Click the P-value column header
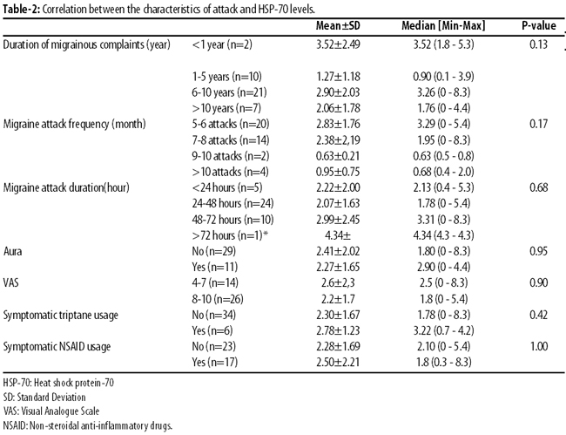click(538, 25)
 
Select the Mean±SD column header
click(338, 25)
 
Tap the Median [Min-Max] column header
click(443, 25)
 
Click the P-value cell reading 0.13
click(538, 44)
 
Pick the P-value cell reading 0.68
click(538, 187)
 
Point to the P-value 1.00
click(539, 346)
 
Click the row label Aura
click(13, 251)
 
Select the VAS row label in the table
click(10, 282)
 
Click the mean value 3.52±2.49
click(338, 44)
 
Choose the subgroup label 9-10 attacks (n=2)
click(230, 156)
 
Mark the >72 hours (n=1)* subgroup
click(230, 235)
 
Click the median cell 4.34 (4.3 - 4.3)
click(443, 235)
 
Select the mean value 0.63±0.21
click(338, 156)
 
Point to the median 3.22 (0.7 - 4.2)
click(443, 330)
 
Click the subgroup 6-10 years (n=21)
click(229, 92)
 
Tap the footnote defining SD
click(44, 397)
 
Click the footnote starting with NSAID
click(88, 425)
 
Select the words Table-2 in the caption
click(21, 9)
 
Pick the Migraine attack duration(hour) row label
click(66, 187)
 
